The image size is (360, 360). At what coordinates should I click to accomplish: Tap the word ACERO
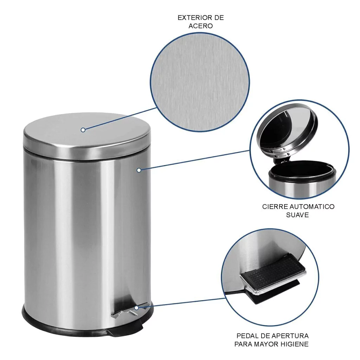click(x=201, y=26)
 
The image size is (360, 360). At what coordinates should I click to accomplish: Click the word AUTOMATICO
click(x=312, y=207)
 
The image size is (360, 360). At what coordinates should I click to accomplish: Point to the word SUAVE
click(x=297, y=215)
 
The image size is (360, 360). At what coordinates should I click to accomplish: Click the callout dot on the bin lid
click(x=83, y=130)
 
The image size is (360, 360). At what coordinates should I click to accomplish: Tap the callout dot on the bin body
click(x=139, y=170)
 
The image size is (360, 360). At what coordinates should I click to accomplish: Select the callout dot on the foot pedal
click(x=137, y=308)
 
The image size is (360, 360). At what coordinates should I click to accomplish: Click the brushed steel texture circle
click(x=200, y=82)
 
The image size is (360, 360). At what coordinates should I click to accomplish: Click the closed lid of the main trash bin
click(x=87, y=135)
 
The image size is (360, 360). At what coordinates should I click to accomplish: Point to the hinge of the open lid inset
click(x=281, y=157)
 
